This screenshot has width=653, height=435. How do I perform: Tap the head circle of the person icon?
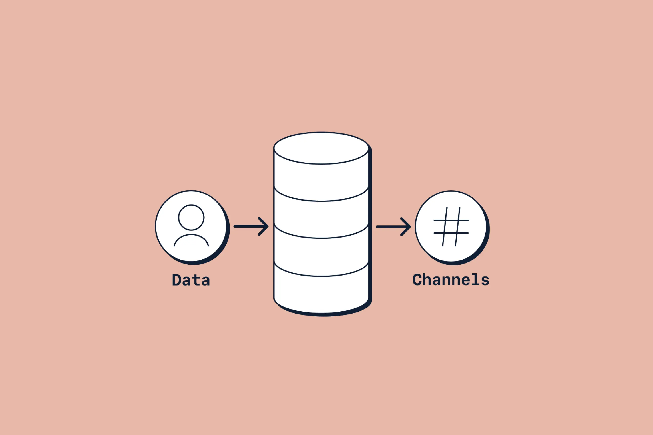(x=191, y=218)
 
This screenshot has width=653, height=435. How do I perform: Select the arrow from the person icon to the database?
(x=251, y=226)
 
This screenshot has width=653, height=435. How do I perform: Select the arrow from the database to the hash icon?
(x=393, y=227)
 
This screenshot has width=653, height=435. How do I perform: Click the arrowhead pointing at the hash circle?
(x=406, y=227)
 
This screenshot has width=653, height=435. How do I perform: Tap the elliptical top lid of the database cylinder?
(x=321, y=148)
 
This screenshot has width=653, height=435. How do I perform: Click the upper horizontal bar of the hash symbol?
(x=451, y=220)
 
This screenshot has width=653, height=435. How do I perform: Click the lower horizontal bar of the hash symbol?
(x=451, y=233)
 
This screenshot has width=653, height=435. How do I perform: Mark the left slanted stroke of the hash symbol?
(x=445, y=227)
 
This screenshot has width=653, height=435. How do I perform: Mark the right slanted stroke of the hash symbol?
(x=457, y=227)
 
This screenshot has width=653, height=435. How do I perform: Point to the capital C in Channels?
(x=417, y=280)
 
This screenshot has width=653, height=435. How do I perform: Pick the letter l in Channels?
(x=475, y=279)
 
